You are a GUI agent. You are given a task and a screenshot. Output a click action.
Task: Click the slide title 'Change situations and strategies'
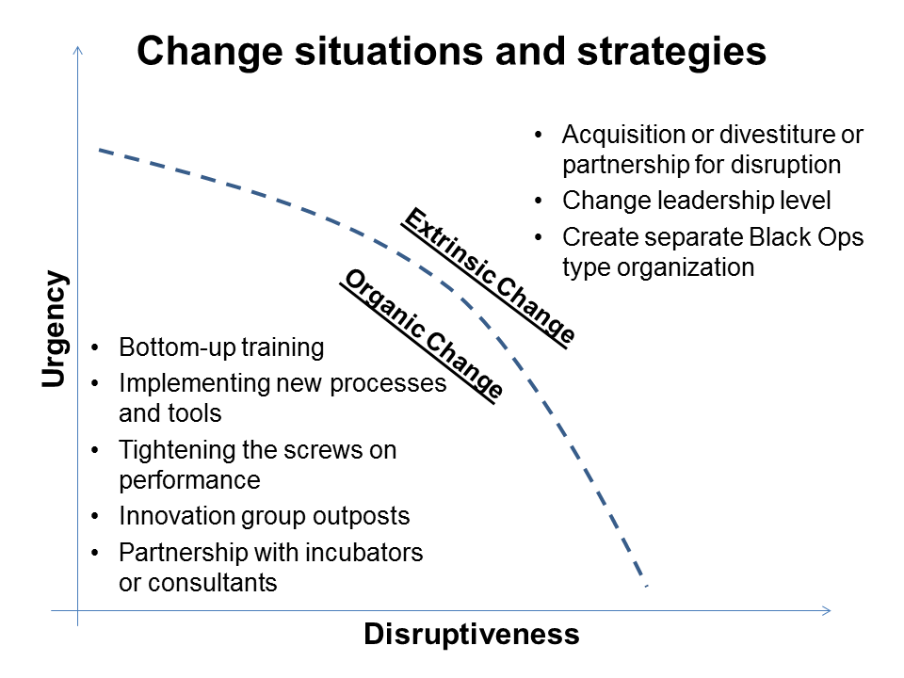[451, 52]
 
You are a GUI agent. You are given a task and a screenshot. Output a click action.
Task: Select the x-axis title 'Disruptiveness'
[471, 635]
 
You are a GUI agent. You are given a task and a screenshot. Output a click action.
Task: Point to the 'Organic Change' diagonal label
[420, 335]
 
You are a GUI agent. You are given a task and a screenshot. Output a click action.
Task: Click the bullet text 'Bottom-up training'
[221, 347]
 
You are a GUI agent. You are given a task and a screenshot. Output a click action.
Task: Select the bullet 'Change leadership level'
[696, 201]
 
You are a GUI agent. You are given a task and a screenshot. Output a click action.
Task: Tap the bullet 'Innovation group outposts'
[264, 516]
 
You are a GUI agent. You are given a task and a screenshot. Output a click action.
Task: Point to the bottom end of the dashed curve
[646, 585]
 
